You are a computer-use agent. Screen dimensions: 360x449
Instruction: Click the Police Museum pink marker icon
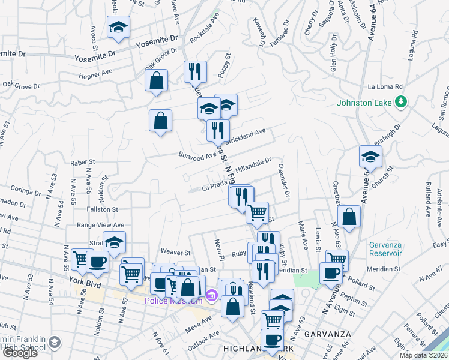(x=211, y=295)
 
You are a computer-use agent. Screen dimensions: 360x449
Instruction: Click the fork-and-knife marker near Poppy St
(x=195, y=72)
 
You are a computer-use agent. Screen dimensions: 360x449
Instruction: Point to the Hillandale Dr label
(x=254, y=164)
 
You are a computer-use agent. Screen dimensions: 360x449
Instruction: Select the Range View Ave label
(x=100, y=225)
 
